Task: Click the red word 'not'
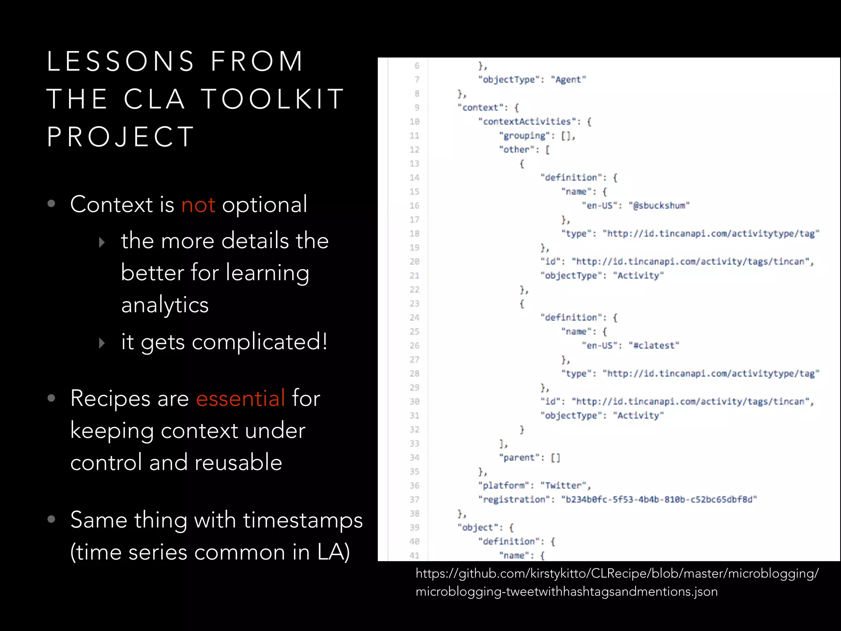[x=198, y=205]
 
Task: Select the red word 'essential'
[x=240, y=398]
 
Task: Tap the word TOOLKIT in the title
[x=273, y=99]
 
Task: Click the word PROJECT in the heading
[x=120, y=136]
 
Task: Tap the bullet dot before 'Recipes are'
[x=51, y=398]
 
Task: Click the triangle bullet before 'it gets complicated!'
[x=102, y=343]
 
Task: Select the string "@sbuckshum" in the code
[x=659, y=205]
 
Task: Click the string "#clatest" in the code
[x=654, y=345]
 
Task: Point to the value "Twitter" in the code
[x=563, y=486]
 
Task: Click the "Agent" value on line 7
[x=568, y=79]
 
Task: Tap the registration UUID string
[x=659, y=500]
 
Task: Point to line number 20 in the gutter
[x=414, y=262]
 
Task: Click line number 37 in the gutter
[x=414, y=500]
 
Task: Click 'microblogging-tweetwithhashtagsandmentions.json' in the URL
[x=566, y=592]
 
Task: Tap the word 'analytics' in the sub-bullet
[x=165, y=305]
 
